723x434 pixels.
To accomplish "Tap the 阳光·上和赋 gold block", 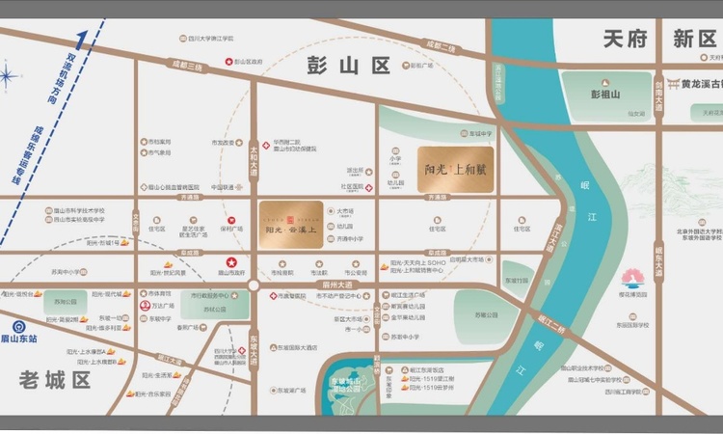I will point(457,170).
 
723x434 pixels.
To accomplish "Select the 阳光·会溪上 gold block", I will point(290,223).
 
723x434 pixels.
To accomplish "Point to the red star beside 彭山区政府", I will point(228,61).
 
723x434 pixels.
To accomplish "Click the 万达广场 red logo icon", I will point(144,305).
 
